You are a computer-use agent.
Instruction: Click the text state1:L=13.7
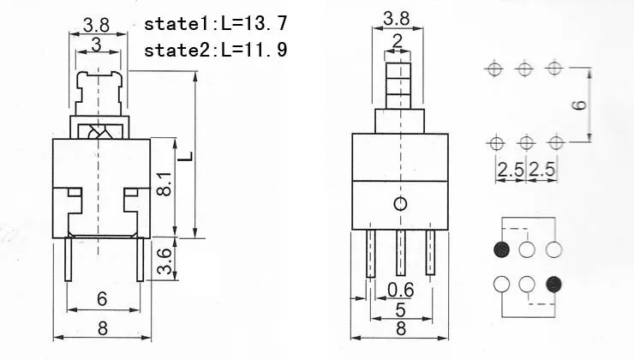coord(216,23)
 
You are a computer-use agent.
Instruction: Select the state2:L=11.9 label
coord(216,50)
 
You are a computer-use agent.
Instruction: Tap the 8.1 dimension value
coord(164,184)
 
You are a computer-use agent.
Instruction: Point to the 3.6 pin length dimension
coord(164,261)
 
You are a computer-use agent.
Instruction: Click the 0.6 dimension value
coord(400,290)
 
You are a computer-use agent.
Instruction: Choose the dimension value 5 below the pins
coord(400,309)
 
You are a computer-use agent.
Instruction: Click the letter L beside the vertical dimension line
coord(185,156)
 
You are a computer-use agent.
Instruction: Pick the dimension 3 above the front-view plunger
coord(96,45)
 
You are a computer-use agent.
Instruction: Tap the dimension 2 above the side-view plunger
coord(398,41)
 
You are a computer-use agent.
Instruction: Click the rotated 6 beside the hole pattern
coord(579,105)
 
